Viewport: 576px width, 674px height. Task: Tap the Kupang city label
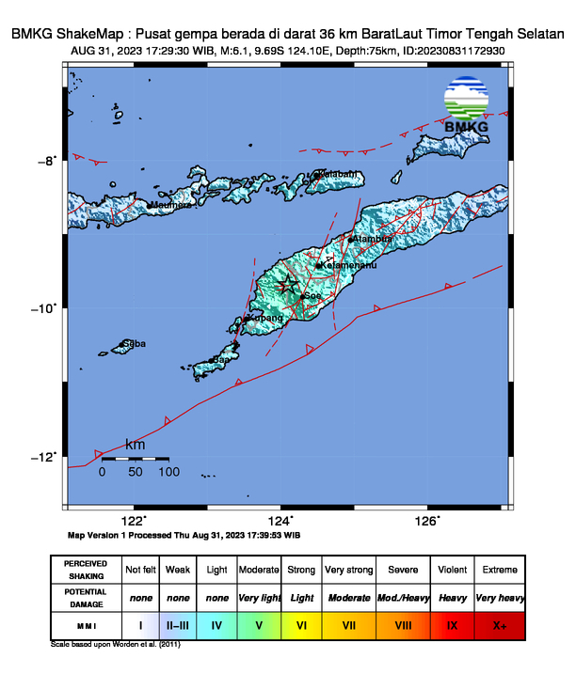click(265, 319)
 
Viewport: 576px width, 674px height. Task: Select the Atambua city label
click(370, 240)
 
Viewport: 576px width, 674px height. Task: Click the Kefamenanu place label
click(348, 266)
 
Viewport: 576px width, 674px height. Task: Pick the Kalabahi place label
click(338, 174)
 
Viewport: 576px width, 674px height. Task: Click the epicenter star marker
click(280, 286)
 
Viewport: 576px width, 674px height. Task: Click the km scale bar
click(136, 459)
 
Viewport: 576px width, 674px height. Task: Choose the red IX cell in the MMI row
click(452, 624)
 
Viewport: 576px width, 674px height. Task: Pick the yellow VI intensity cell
click(301, 624)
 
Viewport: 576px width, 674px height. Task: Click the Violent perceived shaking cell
click(452, 570)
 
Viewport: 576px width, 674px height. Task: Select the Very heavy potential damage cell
click(499, 597)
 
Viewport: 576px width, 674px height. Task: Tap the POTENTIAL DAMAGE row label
click(86, 597)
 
